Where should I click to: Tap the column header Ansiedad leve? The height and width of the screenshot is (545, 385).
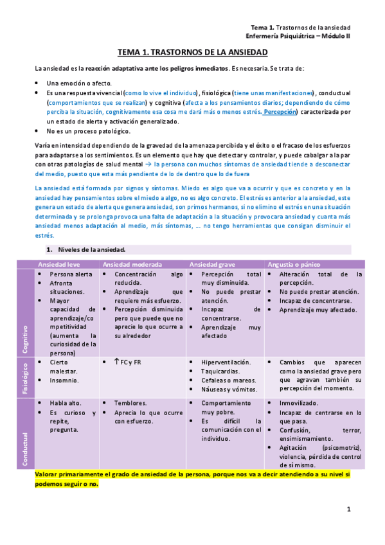[x=60, y=264]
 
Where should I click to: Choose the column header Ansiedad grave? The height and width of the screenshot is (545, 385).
[x=210, y=264]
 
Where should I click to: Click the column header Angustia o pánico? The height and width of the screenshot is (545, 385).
[x=294, y=264]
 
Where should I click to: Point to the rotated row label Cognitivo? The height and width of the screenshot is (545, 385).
[x=25, y=339]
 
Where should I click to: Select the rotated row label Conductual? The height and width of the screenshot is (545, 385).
[x=25, y=431]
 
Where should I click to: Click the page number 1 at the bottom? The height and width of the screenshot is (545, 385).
[x=348, y=509]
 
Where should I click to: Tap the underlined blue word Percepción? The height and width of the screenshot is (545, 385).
[x=280, y=112]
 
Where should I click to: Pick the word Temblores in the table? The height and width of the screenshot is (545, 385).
[x=130, y=403]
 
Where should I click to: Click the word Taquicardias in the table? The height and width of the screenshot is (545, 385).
[x=220, y=371]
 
